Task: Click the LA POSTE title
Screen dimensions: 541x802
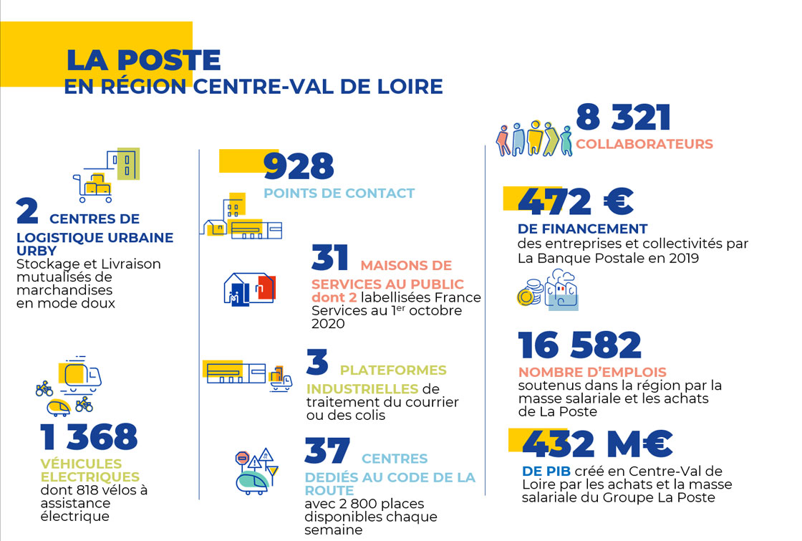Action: pos(143,60)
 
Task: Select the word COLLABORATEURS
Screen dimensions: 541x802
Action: pos(644,144)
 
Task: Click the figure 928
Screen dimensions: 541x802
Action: pos(299,166)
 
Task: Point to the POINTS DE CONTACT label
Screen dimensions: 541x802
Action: pos(339,193)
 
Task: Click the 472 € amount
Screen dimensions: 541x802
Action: pos(575,203)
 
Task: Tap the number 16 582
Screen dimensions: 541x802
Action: pos(580,346)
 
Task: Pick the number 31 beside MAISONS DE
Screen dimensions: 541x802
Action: pos(330,259)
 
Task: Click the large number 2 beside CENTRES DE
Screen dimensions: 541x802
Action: pos(27,212)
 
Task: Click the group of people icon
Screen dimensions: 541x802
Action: pos(534,138)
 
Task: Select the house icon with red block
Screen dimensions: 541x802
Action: pos(248,288)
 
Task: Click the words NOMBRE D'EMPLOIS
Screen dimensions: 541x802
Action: pos(592,373)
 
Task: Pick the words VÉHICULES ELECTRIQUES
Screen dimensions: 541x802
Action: pos(90,471)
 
